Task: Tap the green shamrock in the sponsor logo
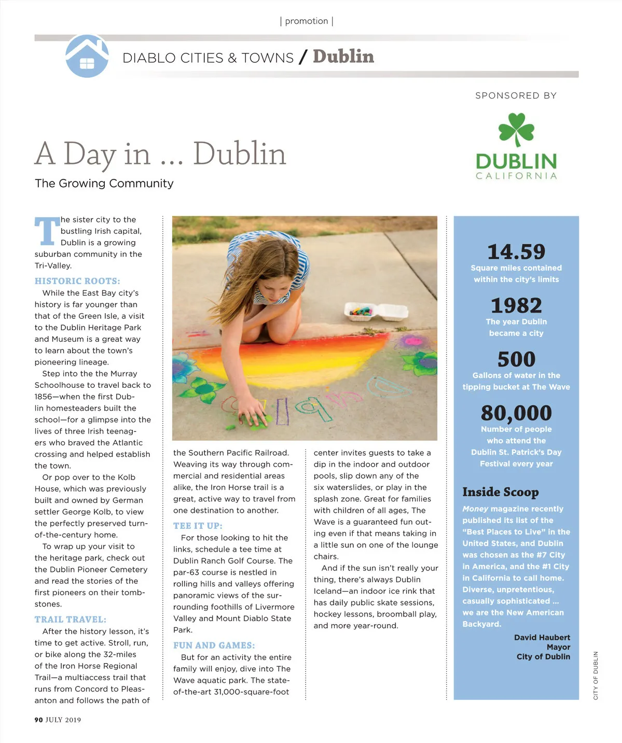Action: pos(516,129)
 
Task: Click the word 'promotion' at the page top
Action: pos(307,21)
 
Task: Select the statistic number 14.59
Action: pos(516,252)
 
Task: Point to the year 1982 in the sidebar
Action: pos(516,305)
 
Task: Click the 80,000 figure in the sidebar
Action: pos(516,413)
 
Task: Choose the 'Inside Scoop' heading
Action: pos(500,492)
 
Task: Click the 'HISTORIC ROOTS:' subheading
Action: pos(77,281)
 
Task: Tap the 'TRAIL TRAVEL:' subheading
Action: pos(71,620)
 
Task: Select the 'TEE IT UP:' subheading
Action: pos(198,526)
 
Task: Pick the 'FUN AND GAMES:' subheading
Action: pos(214,646)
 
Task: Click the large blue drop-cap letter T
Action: pos(47,231)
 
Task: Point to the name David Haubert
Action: pos(542,638)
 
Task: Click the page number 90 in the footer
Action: pos(39,720)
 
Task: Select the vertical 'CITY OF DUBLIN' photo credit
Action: pos(596,676)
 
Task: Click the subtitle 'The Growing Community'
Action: pos(104,184)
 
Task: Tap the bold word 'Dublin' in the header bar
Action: pos(343,57)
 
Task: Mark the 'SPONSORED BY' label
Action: pos(516,96)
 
